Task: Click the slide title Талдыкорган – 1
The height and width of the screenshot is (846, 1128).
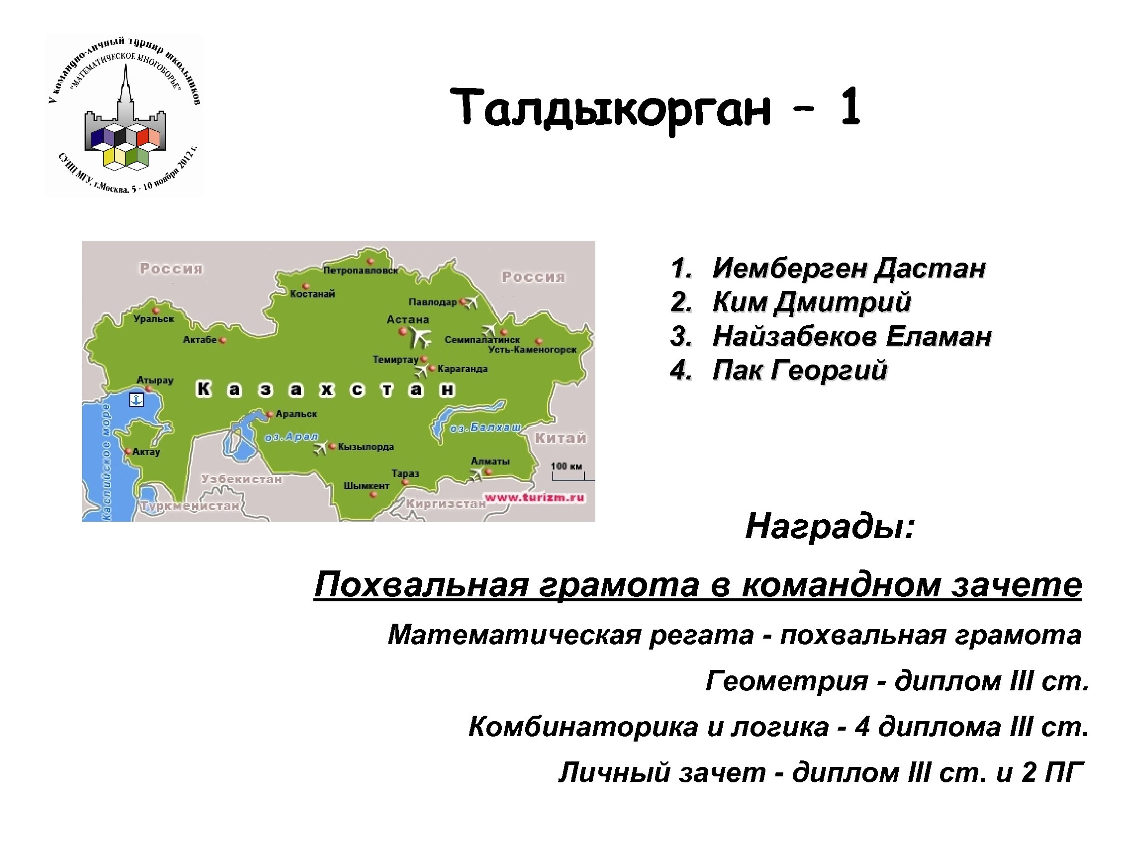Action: pos(656,108)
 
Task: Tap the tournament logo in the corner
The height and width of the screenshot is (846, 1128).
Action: pos(124,116)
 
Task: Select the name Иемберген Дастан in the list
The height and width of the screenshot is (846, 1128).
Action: pos(848,268)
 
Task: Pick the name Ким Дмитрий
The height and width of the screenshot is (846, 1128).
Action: pos(811,302)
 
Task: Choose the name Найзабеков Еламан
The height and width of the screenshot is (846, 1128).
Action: pos(851,336)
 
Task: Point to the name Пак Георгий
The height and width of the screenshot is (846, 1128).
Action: pos(799,370)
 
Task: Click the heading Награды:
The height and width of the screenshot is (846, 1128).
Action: pos(830,526)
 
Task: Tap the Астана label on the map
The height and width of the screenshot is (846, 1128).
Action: pos(407,319)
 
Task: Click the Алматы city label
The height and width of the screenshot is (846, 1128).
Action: pos(490,461)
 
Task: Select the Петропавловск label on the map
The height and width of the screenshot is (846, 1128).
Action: pos(361,270)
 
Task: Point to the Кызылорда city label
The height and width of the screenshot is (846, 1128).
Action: pos(366,447)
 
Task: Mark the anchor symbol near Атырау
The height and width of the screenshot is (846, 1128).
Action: pos(136,399)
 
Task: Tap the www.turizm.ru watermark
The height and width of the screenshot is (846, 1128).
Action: pos(535,498)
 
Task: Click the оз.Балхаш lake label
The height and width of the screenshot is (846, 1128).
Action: pos(485,427)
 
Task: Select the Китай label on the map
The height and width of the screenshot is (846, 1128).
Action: pos(561,438)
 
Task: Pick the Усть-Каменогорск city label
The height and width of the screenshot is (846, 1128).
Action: pos(532,349)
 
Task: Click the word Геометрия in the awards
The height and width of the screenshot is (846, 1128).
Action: pos(786,681)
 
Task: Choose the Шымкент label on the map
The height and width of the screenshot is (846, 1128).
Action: pos(366,485)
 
